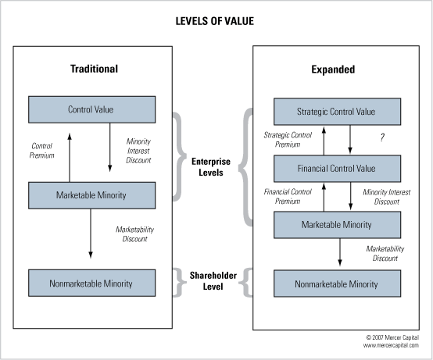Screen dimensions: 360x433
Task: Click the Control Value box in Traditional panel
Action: tap(91, 109)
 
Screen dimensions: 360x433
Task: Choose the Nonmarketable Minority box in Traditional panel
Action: tap(91, 283)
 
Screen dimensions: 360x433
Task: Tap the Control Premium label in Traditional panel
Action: tap(41, 151)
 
